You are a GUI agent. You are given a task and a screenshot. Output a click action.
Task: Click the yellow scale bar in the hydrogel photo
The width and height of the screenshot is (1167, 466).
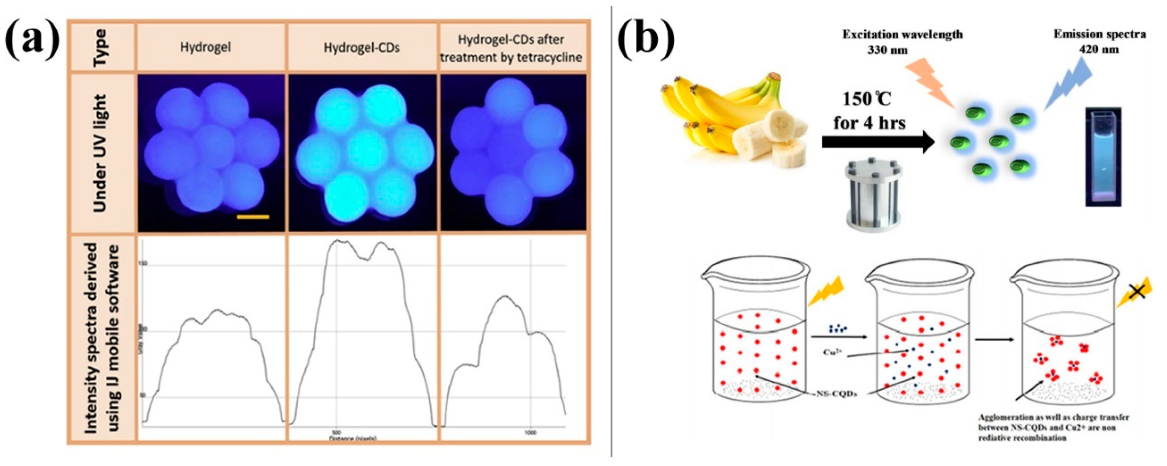253,217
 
